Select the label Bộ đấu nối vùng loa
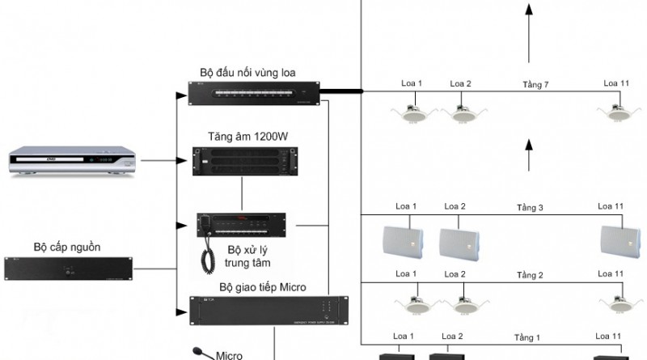252,73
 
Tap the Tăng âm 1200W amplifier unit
241,161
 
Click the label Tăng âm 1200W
242,135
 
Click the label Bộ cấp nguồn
67,246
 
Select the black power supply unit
66,269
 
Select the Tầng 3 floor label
530,208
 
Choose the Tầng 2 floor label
530,275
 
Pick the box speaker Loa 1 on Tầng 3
401,241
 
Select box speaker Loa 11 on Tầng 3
619,241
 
